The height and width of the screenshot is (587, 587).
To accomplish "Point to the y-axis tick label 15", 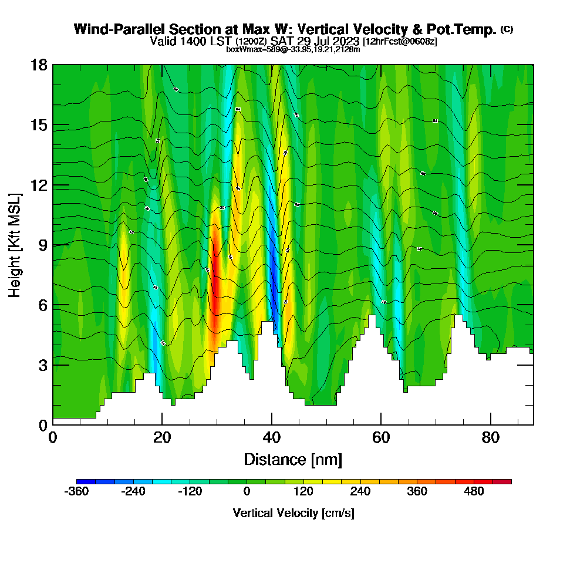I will [x=39, y=125].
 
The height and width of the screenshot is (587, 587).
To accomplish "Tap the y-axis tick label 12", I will [x=39, y=185].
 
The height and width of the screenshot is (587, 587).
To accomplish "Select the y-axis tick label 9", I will [x=42, y=245].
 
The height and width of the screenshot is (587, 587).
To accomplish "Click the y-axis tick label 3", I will [x=42, y=365].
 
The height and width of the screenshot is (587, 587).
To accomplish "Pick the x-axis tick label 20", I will [x=162, y=438].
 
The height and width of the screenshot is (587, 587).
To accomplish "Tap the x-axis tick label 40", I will [x=272, y=438].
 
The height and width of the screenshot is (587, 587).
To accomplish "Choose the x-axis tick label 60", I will [x=381, y=438].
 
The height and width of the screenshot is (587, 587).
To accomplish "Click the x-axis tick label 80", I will [x=491, y=438].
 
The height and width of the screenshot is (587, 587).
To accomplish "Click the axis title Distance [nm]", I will [x=293, y=459].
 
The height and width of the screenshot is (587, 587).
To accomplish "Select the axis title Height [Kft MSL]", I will [x=15, y=244].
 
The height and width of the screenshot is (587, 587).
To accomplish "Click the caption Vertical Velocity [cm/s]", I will [x=293, y=513].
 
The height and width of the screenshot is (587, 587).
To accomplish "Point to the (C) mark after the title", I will [x=507, y=29].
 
